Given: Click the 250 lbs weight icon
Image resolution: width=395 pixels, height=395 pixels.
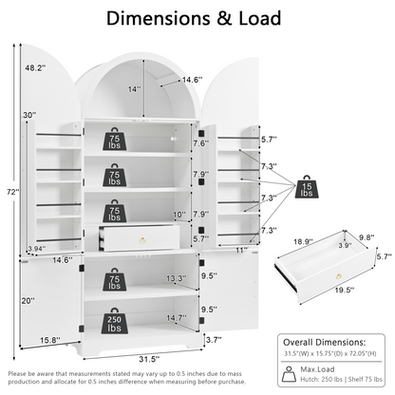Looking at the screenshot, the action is click(115, 321).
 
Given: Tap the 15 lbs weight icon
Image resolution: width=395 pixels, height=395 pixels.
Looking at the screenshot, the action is click(307, 187).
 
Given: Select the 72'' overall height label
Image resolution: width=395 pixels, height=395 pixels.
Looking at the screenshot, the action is click(13, 192).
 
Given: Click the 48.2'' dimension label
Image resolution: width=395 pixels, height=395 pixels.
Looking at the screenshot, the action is click(35, 67).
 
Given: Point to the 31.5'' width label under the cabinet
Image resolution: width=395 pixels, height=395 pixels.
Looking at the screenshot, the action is click(149, 359).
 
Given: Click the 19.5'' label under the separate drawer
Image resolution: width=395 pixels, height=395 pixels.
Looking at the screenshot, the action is click(344, 290).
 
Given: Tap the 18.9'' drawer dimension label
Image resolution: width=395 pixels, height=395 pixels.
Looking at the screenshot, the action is click(303, 242).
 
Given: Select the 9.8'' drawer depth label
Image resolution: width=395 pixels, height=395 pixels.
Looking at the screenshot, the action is click(367, 237).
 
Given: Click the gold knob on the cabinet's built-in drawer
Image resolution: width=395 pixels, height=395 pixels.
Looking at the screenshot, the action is click(143, 240).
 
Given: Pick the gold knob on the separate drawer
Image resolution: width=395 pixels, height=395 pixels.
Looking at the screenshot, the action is click(339, 276).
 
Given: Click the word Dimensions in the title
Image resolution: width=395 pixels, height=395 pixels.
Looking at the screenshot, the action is click(159, 18).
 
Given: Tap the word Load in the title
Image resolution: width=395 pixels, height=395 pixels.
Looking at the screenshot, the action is click(260, 18).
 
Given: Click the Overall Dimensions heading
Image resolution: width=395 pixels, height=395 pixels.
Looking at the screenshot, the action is click(324, 342).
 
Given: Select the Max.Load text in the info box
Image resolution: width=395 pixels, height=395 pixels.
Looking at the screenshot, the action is click(317, 369).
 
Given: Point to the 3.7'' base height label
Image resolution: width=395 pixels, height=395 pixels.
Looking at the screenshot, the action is click(214, 340).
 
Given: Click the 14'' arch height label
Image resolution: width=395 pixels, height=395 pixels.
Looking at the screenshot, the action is click(134, 89).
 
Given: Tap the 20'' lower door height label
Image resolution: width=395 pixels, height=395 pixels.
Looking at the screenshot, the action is click(28, 301).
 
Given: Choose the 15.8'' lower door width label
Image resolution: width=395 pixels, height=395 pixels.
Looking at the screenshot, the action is click(50, 340).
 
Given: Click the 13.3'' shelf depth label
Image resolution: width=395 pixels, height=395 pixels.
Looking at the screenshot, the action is click(177, 278).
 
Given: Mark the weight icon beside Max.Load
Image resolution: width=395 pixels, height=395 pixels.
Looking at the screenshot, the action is click(289, 374).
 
